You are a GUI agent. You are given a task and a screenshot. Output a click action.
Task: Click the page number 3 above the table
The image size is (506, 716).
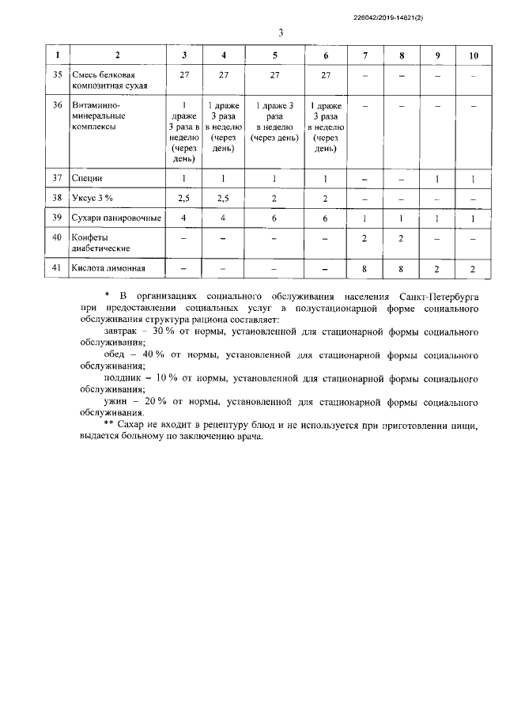[281, 32]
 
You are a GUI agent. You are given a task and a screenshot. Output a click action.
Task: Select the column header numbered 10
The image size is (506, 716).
[474, 55]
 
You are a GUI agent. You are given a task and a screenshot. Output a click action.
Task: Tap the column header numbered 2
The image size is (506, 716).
[118, 55]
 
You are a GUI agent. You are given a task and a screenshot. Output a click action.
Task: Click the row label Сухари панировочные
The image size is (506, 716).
[116, 218]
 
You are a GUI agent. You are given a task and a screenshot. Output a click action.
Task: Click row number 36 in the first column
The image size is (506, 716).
[56, 104]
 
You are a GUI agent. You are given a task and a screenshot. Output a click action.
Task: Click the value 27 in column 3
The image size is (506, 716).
[184, 74]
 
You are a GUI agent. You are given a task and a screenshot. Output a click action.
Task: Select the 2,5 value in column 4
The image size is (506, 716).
[224, 198]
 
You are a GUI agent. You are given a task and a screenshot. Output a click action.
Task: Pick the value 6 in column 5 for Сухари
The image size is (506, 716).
[273, 218]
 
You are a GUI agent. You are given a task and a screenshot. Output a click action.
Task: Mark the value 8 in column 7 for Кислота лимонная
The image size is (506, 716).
[364, 268]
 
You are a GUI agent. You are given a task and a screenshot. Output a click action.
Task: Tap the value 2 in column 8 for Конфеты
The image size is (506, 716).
[402, 237]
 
